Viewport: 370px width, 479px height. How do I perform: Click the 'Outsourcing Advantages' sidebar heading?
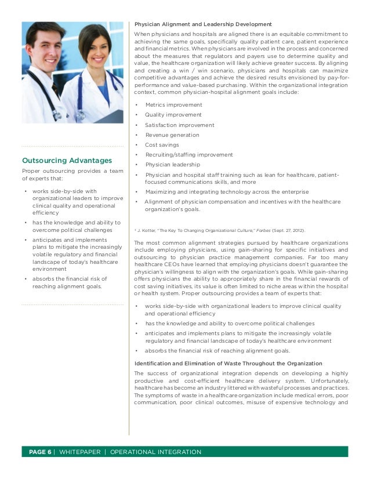pyautogui.click(x=67, y=160)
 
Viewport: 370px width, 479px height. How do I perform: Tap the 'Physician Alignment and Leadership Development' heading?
pyautogui.click(x=203, y=24)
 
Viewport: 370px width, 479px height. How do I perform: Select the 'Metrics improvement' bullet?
pyautogui.click(x=173, y=105)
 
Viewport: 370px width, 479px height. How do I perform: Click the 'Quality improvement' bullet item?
pyautogui.click(x=173, y=115)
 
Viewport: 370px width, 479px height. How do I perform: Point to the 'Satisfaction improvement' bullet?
pyautogui.click(x=179, y=125)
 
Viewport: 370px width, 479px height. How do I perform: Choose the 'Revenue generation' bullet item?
pyautogui.click(x=172, y=135)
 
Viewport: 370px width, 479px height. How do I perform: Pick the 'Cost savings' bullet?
pyautogui.click(x=162, y=145)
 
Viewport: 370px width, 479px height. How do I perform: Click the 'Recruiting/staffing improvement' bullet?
pyautogui.click(x=189, y=155)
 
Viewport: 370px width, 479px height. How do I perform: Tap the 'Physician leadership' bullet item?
pyautogui.click(x=172, y=165)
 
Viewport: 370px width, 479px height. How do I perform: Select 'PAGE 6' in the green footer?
pyautogui.click(x=37, y=452)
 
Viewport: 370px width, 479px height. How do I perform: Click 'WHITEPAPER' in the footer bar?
pyautogui.click(x=79, y=452)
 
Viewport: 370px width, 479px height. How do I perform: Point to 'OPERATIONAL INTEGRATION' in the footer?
pyautogui.click(x=155, y=452)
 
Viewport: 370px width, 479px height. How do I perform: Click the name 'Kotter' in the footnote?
pyautogui.click(x=148, y=230)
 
